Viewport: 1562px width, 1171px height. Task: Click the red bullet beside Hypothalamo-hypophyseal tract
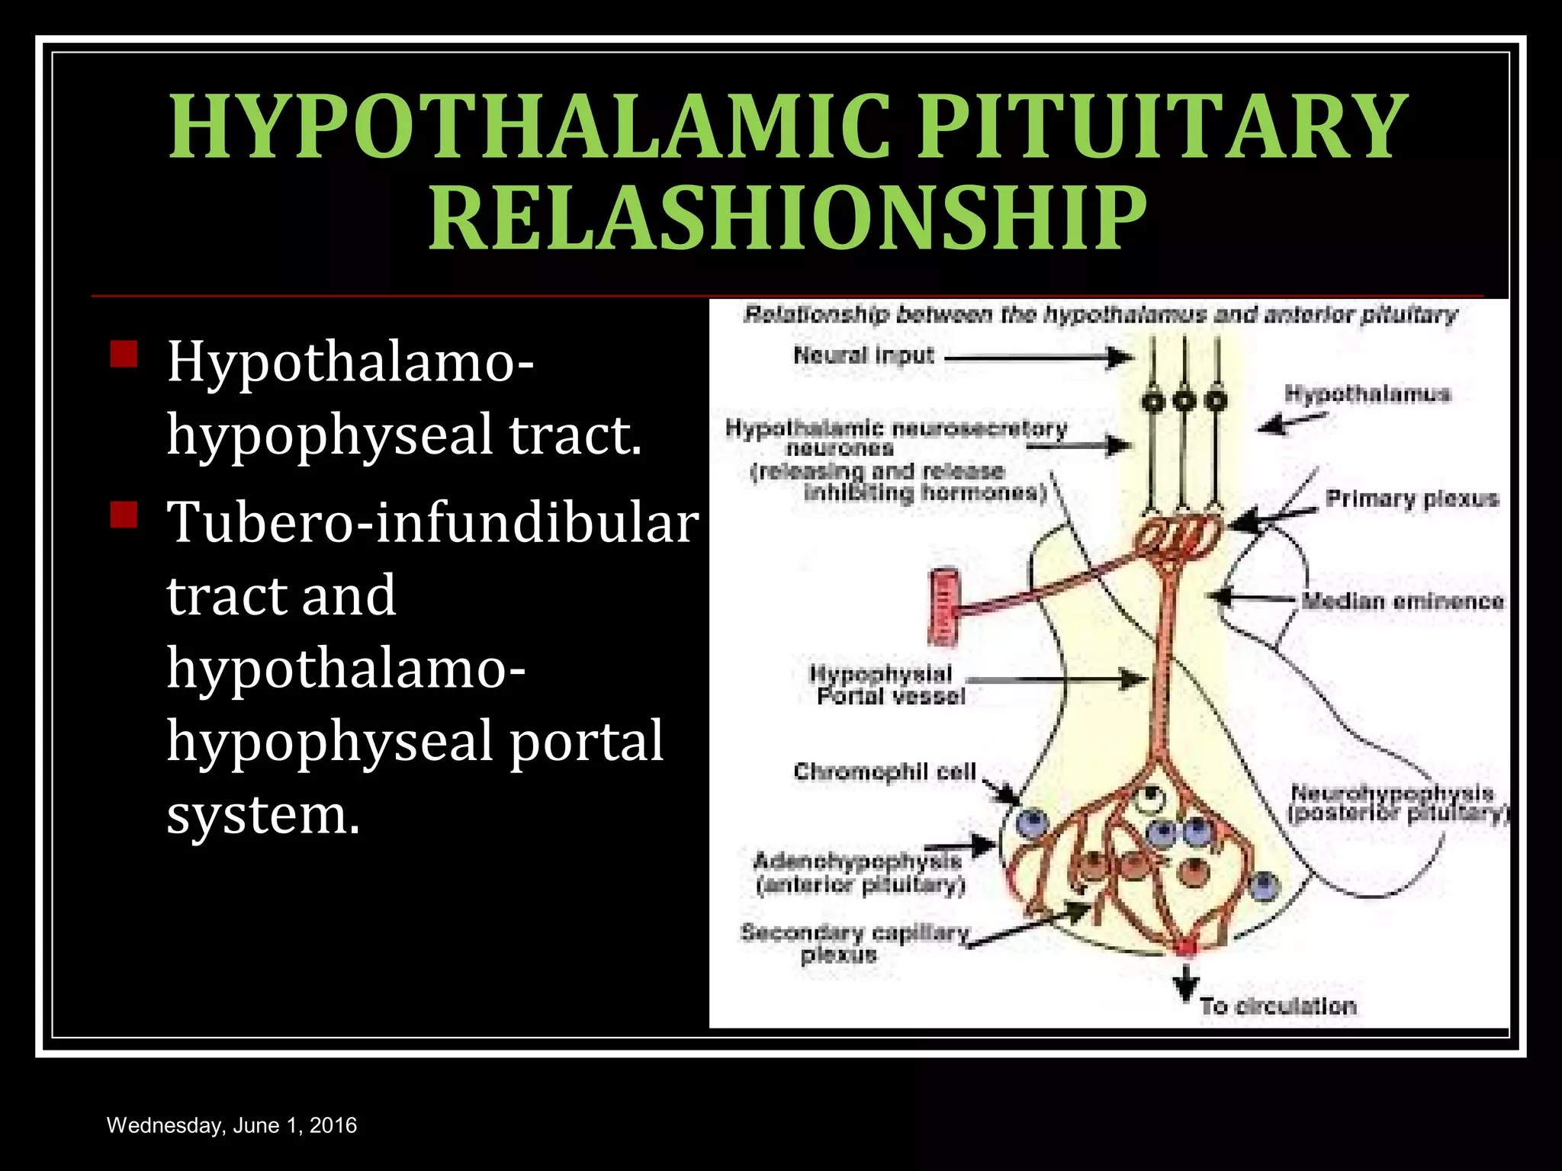click(x=124, y=355)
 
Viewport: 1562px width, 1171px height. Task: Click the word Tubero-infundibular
click(x=432, y=523)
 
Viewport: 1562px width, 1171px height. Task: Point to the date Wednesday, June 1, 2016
click(x=232, y=1125)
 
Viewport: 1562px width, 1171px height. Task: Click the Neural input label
click(x=863, y=355)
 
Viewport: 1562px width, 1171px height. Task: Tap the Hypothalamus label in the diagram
click(x=1367, y=394)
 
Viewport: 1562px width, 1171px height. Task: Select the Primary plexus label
click(x=1412, y=499)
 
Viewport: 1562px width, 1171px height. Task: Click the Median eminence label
click(x=1403, y=602)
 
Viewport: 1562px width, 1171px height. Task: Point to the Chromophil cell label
click(x=885, y=772)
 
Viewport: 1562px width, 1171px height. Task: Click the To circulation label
click(x=1278, y=1006)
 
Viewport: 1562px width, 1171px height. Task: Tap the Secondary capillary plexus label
click(x=854, y=943)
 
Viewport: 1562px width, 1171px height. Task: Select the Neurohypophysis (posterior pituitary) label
click(x=1398, y=804)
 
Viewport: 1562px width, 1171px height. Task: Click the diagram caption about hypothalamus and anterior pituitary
click(x=1100, y=315)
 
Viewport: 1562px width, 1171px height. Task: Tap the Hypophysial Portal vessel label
click(x=886, y=685)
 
